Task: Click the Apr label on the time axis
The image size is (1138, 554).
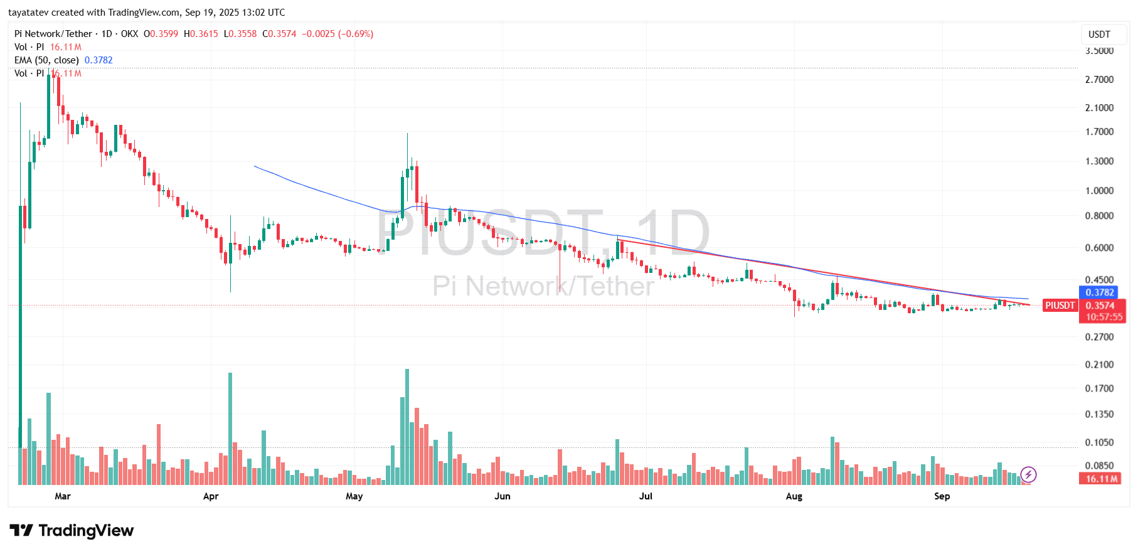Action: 211,496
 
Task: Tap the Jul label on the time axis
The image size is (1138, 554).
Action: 646,496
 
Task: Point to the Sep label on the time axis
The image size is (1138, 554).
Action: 942,496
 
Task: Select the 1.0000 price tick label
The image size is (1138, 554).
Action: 1099,191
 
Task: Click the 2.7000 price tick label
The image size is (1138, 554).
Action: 1099,80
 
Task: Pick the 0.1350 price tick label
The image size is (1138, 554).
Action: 1099,414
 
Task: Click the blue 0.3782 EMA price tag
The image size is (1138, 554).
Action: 1100,292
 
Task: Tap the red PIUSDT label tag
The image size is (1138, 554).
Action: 1060,306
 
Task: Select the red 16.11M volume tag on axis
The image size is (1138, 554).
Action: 1102,479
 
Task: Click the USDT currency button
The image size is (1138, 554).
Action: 1099,35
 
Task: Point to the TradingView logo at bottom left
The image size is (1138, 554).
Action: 72,531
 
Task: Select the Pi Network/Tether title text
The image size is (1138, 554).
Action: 53,34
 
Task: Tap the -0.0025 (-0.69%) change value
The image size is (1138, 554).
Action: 338,34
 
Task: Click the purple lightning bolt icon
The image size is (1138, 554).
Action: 1028,474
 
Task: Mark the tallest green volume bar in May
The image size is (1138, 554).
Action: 407,427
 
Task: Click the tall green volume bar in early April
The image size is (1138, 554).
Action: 230,429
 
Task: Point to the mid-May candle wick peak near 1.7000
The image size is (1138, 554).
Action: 407,134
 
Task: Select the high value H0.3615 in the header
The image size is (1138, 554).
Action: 201,34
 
